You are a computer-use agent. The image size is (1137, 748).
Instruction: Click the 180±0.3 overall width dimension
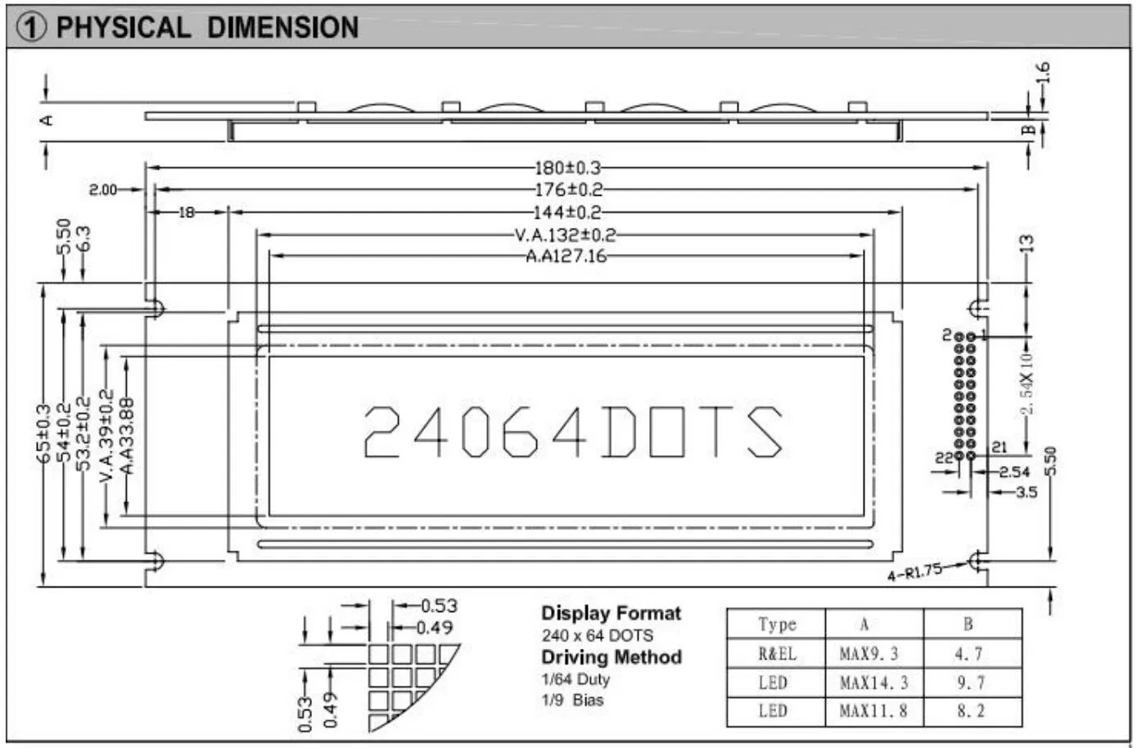pyautogui.click(x=567, y=168)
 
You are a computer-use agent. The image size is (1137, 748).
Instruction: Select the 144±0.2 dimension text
pyautogui.click(x=567, y=213)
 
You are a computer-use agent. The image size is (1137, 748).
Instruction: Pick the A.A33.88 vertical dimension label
pyautogui.click(x=127, y=436)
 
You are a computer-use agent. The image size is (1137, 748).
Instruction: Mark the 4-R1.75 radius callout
pyautogui.click(x=914, y=572)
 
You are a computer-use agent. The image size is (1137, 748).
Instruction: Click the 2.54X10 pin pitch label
pyautogui.click(x=1027, y=383)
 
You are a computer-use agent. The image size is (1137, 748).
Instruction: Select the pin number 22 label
pyautogui.click(x=945, y=458)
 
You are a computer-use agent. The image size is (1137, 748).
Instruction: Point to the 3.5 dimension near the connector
pyautogui.click(x=1026, y=492)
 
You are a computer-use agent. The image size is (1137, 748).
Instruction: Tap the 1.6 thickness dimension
pyautogui.click(x=1042, y=73)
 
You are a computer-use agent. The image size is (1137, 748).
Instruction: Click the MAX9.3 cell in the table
pyautogui.click(x=869, y=654)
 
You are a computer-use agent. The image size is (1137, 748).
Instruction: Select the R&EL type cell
pyautogui.click(x=776, y=654)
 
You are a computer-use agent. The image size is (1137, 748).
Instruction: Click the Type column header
pyautogui.click(x=776, y=624)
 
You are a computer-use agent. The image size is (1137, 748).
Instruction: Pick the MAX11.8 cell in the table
pyautogui.click(x=873, y=711)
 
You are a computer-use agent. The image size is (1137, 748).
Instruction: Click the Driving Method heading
pyautogui.click(x=611, y=657)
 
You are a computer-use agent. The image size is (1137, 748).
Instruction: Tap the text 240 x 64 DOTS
pyautogui.click(x=597, y=636)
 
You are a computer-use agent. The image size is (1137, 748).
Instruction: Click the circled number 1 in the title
pyautogui.click(x=32, y=28)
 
